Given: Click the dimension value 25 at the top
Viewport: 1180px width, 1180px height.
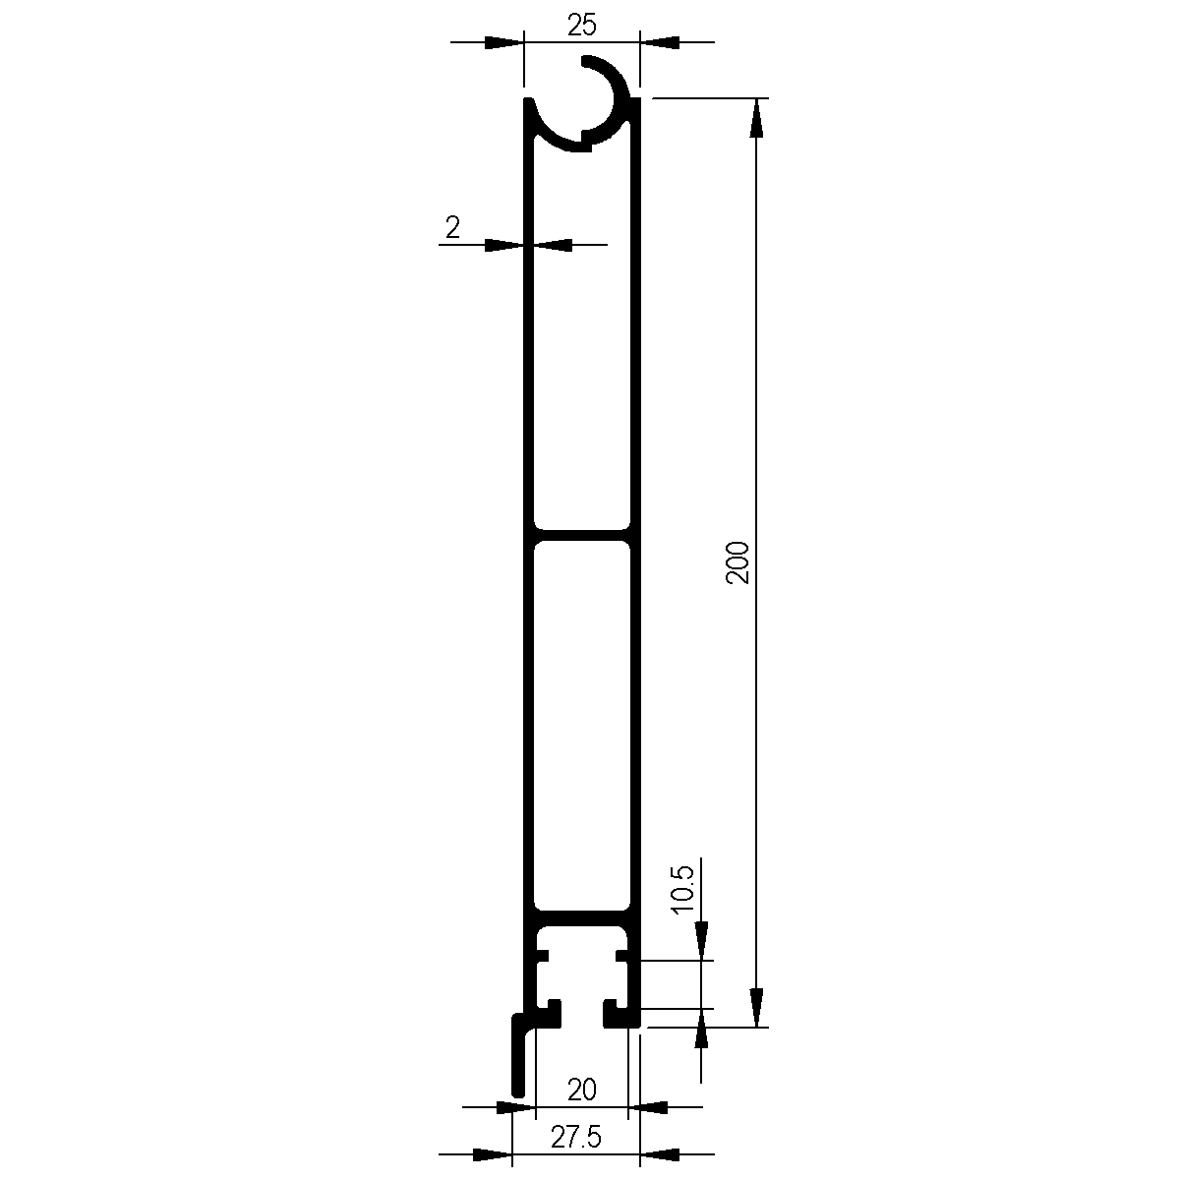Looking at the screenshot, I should tap(581, 26).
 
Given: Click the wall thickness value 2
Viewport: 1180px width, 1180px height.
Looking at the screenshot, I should tap(452, 228).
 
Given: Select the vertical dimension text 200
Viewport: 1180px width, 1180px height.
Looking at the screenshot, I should tap(738, 562).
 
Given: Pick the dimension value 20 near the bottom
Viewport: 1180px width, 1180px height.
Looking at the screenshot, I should tap(582, 1090).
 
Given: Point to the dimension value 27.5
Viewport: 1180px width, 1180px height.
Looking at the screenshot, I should tap(575, 1138).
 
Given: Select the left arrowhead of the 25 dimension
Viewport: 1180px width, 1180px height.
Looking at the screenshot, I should tap(504, 42).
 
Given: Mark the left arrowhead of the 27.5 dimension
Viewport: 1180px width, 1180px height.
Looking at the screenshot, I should tap(494, 1152).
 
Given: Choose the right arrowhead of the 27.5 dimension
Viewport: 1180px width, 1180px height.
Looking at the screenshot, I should tap(659, 1152).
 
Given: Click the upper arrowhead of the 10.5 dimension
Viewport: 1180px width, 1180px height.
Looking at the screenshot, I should tap(701, 941).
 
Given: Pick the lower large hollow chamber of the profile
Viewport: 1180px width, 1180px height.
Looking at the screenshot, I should tap(581, 728).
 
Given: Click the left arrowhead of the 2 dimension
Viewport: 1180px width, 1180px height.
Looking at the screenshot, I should tap(503, 244).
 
